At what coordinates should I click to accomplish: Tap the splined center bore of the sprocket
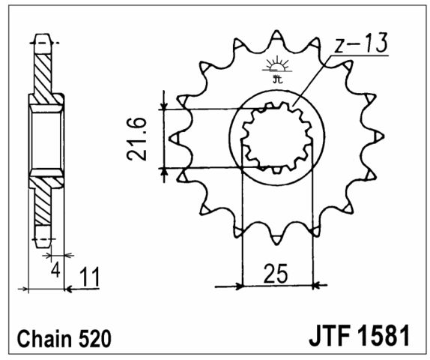click(277, 137)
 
